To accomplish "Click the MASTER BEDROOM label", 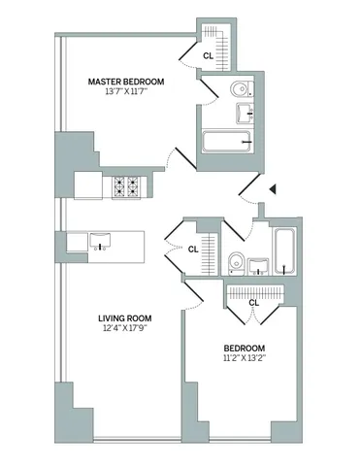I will click(x=125, y=82).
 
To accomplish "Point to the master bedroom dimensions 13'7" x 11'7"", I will click(x=125, y=93).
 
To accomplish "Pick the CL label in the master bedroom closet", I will click(x=207, y=56).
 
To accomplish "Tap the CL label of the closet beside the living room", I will click(x=193, y=249).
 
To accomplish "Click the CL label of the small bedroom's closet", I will click(x=254, y=303).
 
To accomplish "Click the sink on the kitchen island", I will click(x=102, y=240).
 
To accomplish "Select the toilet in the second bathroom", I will click(x=235, y=260).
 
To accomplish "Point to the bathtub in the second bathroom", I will click(x=284, y=251).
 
